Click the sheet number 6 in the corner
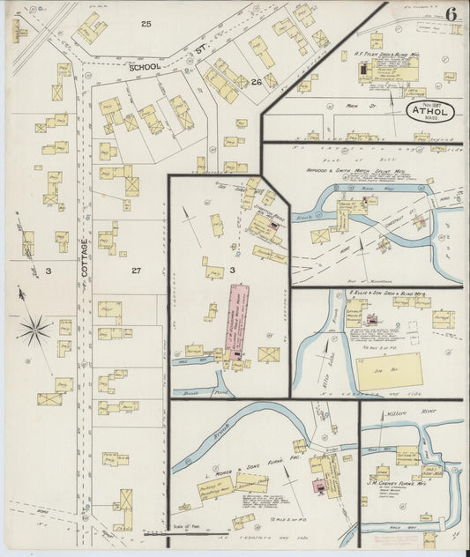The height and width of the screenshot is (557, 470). [451, 13]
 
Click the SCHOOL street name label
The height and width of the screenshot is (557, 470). [146, 66]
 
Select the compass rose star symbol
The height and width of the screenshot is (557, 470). [34, 331]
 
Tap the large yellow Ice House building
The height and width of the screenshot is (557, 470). [389, 370]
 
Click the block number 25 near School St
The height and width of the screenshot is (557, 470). [145, 23]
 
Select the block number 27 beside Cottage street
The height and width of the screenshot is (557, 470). [135, 270]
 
